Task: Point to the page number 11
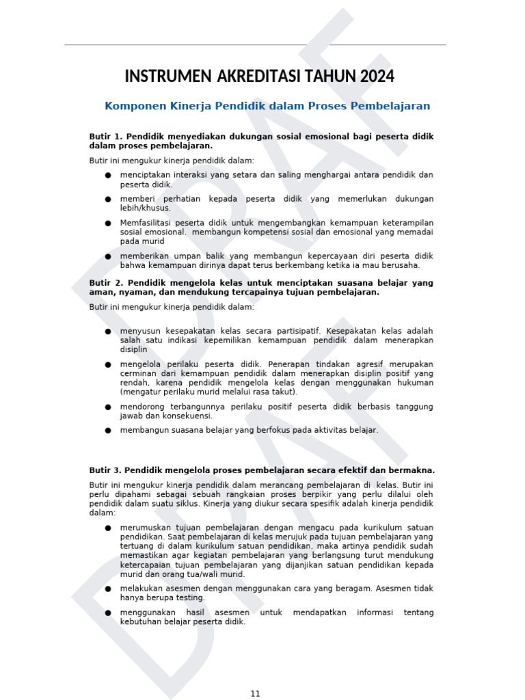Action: click(x=256, y=693)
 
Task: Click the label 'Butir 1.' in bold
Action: click(x=105, y=137)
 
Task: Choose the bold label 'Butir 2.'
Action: click(x=105, y=283)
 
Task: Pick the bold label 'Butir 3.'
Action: click(x=105, y=470)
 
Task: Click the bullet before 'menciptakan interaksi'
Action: click(x=108, y=175)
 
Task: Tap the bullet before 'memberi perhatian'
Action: click(x=108, y=199)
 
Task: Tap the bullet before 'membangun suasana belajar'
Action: click(x=108, y=431)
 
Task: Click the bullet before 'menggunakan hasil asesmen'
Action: click(x=108, y=612)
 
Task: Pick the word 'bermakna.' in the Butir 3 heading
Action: click(x=412, y=470)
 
